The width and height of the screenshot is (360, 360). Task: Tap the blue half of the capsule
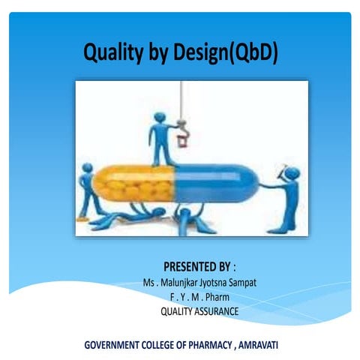217,184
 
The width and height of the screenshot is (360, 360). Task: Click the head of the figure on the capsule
159,117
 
